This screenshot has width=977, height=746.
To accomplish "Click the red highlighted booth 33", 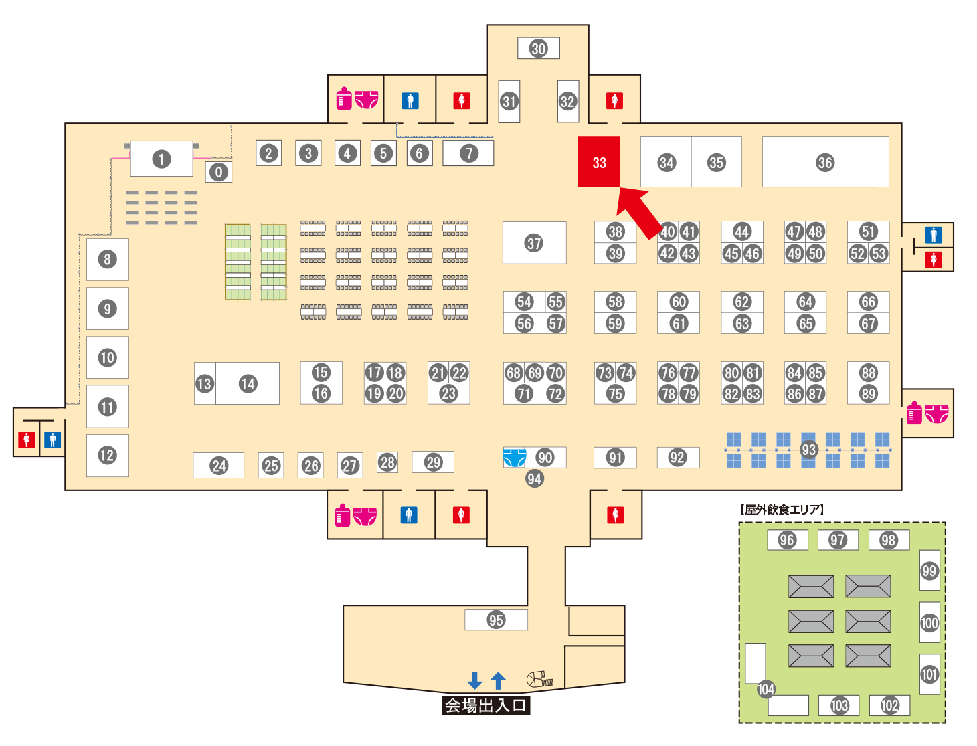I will [599, 162].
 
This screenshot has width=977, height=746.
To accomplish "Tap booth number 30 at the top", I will [539, 48].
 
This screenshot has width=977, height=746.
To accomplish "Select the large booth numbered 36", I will [825, 162].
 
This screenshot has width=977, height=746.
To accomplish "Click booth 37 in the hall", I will [534, 243].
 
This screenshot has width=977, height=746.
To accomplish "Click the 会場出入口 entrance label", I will [486, 705].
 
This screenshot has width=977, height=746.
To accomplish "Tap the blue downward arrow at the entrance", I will [474, 680].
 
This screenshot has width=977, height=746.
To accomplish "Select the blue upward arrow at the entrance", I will [498, 680].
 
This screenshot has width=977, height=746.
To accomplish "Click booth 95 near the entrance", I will [496, 620].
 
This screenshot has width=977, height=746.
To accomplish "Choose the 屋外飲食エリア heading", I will [782, 510].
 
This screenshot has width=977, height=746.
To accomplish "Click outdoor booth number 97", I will [837, 540].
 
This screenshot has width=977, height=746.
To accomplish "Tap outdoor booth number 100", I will [929, 623].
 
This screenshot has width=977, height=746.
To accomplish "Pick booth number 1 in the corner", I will [161, 159].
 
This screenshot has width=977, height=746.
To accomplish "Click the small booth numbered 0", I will [218, 172].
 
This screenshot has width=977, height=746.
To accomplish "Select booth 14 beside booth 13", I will [248, 383].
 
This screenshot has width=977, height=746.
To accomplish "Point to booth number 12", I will [107, 456].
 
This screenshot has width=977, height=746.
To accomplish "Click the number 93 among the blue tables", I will [809, 450].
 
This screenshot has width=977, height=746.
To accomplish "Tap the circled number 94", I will [534, 479].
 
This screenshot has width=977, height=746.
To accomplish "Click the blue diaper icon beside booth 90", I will [514, 458].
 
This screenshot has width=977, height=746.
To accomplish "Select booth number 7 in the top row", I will [469, 153].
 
